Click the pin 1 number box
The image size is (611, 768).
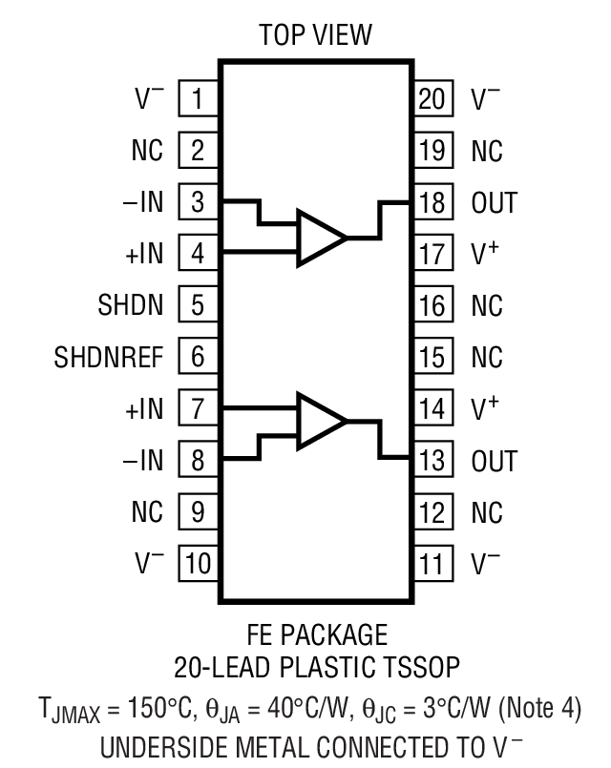click(198, 98)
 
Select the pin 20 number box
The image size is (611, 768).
click(432, 98)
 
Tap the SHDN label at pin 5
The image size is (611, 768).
click(130, 306)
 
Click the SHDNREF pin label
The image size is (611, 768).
click(109, 358)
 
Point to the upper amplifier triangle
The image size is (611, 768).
click(320, 236)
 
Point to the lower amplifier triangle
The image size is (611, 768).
click(320, 421)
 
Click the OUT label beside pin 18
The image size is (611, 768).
click(494, 202)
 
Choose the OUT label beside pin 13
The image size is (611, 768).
click(494, 462)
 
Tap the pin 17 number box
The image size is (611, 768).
click(432, 254)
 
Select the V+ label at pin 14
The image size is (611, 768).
click(486, 409)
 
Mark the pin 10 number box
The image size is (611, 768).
click(198, 565)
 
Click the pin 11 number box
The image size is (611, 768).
click(432, 565)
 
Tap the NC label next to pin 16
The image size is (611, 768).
click(486, 306)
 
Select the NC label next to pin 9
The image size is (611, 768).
click(147, 513)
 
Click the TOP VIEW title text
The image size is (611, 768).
click(315, 36)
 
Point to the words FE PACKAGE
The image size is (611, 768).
click(315, 634)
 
